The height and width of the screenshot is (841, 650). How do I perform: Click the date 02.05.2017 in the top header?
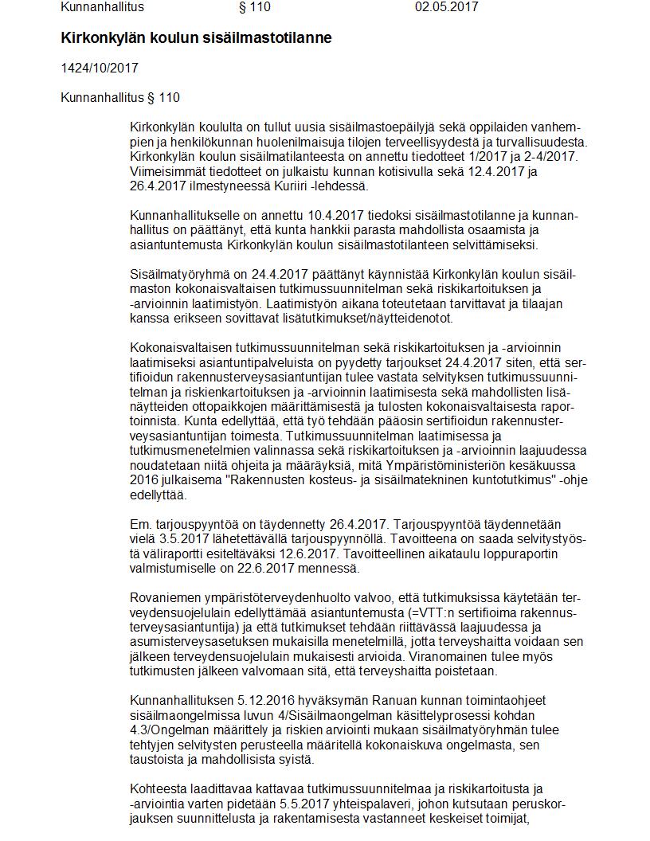pyautogui.click(x=446, y=7)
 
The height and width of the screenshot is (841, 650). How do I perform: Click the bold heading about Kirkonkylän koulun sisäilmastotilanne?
pyautogui.click(x=196, y=38)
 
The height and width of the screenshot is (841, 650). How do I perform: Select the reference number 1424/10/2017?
pyautogui.click(x=100, y=68)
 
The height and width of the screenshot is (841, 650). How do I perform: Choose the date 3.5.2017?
pyautogui.click(x=177, y=539)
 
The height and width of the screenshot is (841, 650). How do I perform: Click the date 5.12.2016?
pyautogui.click(x=266, y=700)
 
